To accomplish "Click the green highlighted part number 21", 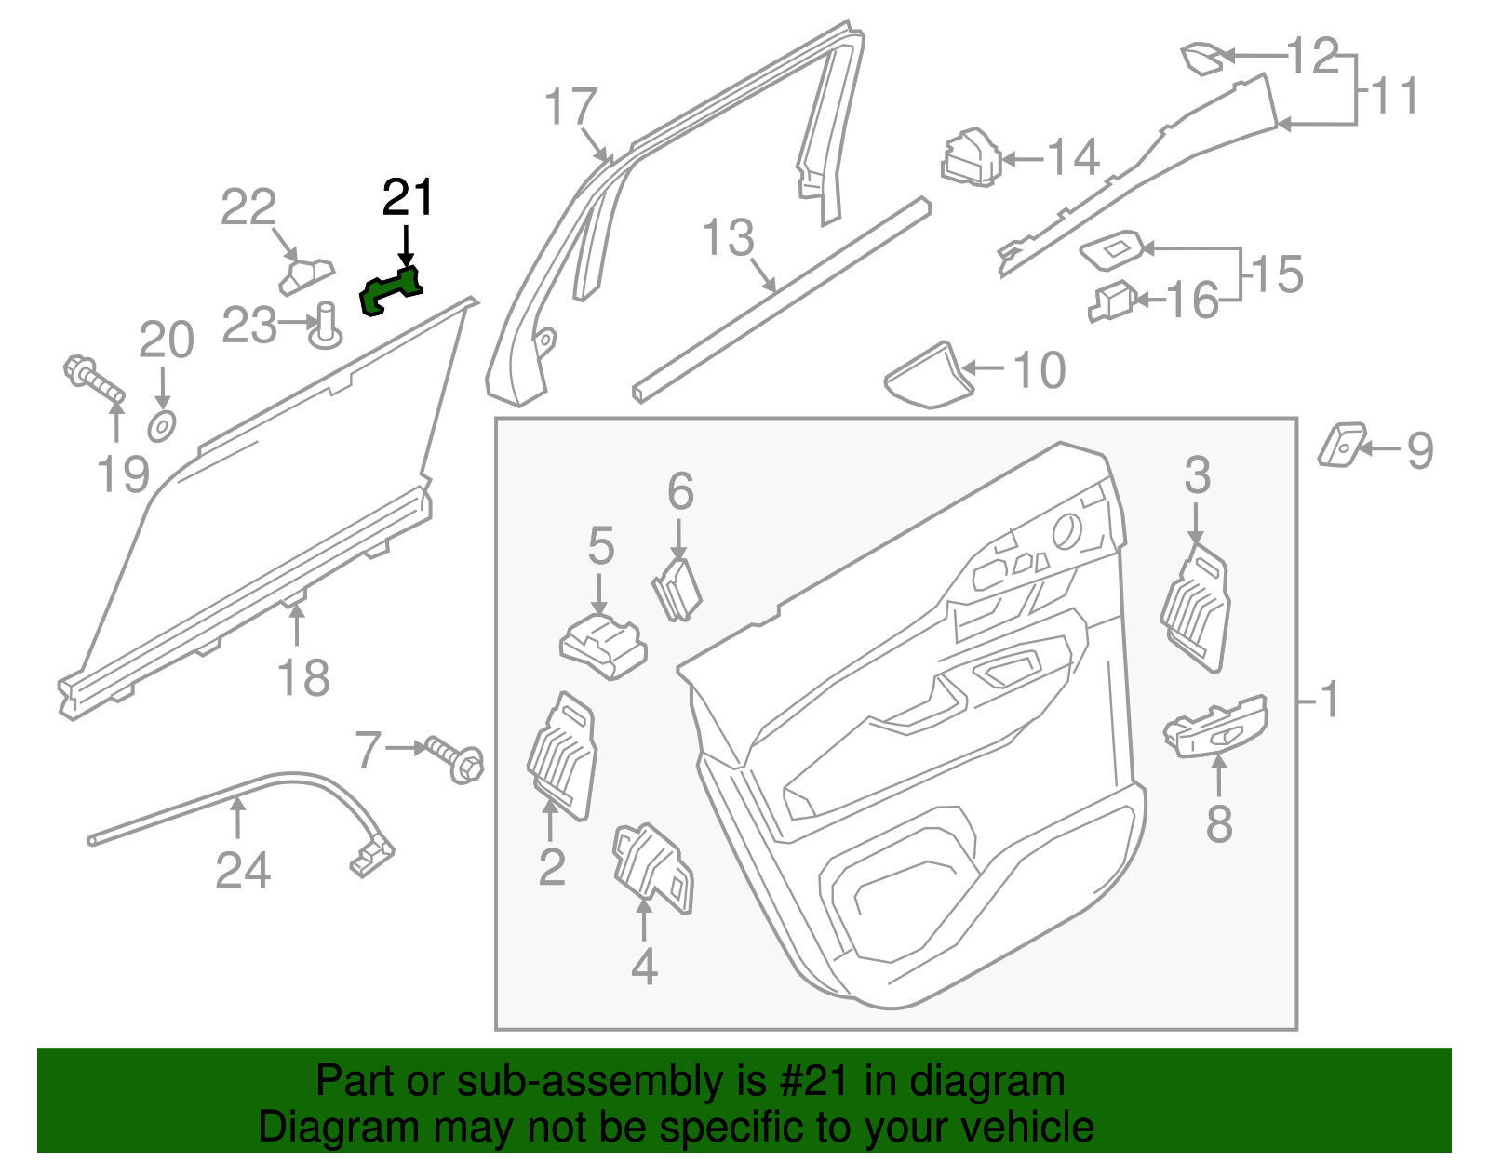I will pos(390,290).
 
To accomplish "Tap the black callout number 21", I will pos(409,198).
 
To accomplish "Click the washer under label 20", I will pos(162,426).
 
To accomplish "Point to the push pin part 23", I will pos(327,325).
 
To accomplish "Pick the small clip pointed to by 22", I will pos(304,275).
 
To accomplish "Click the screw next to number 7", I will pos(455,758).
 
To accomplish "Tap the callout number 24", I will pos(243,871).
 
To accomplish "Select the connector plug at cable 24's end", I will pos(372,857).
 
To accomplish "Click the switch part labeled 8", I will pos(1215,726).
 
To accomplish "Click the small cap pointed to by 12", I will pos(1201,58).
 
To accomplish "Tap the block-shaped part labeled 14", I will pos(971,157).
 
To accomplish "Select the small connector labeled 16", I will pos(1112,301).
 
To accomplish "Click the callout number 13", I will pos(728,237).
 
